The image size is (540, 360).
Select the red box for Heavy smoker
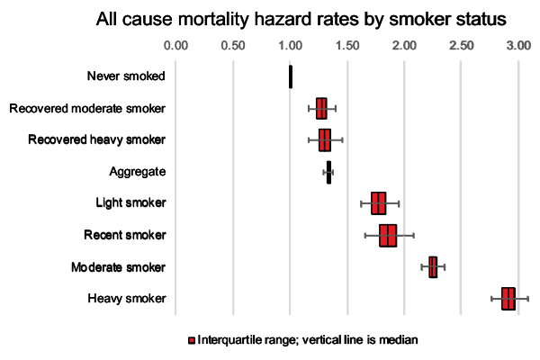coord(508,299)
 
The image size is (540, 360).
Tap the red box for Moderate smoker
coord(433,266)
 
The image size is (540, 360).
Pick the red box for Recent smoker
coord(388,235)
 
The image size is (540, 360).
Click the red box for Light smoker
coord(378,203)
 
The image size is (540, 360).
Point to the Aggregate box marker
coord(328,172)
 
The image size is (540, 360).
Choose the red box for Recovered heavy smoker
coord(325,140)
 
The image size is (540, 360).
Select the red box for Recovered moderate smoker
coord(321,109)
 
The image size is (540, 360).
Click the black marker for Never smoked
coord(291,77)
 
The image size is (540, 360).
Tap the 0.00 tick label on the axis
coord(175,45)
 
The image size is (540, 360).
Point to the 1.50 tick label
coord(346,45)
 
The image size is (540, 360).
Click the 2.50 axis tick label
coord(461,45)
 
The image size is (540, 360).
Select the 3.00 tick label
coord(517,45)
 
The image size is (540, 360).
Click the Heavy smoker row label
coord(127,299)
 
